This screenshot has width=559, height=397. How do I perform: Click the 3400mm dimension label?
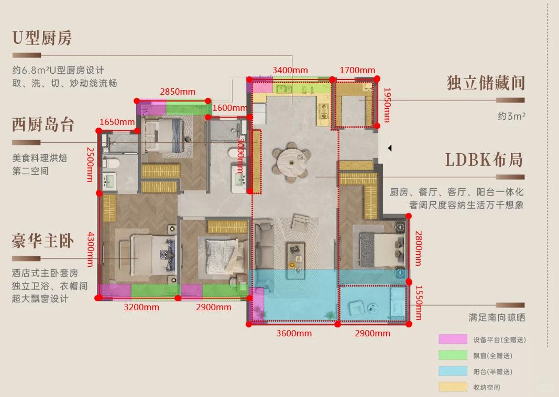tap(290, 70)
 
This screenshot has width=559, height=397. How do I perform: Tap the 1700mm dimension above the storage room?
tap(357, 70)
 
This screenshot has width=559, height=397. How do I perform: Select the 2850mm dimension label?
tap(178, 92)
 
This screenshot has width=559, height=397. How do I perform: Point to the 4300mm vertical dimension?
tap(90, 249)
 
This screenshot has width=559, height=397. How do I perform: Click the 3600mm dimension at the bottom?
tap(294, 333)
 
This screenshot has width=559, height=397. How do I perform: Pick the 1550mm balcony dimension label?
tap(419, 303)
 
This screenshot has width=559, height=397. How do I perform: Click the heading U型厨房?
tap(42, 38)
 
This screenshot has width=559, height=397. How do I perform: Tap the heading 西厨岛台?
tap(43, 124)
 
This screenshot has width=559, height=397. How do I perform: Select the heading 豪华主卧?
tap(43, 241)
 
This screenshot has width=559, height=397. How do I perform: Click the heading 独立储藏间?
tap(486, 83)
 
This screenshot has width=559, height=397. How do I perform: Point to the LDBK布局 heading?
tap(484, 160)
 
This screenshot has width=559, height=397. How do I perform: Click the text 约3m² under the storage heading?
tap(511, 116)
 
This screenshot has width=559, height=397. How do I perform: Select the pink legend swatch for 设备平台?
tap(453, 339)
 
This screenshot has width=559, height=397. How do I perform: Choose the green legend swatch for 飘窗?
tap(453, 355)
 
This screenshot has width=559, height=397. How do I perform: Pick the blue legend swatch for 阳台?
tap(453, 371)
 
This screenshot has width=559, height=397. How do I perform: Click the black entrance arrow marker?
tap(390, 148)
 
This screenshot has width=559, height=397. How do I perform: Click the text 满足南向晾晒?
tap(497, 317)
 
